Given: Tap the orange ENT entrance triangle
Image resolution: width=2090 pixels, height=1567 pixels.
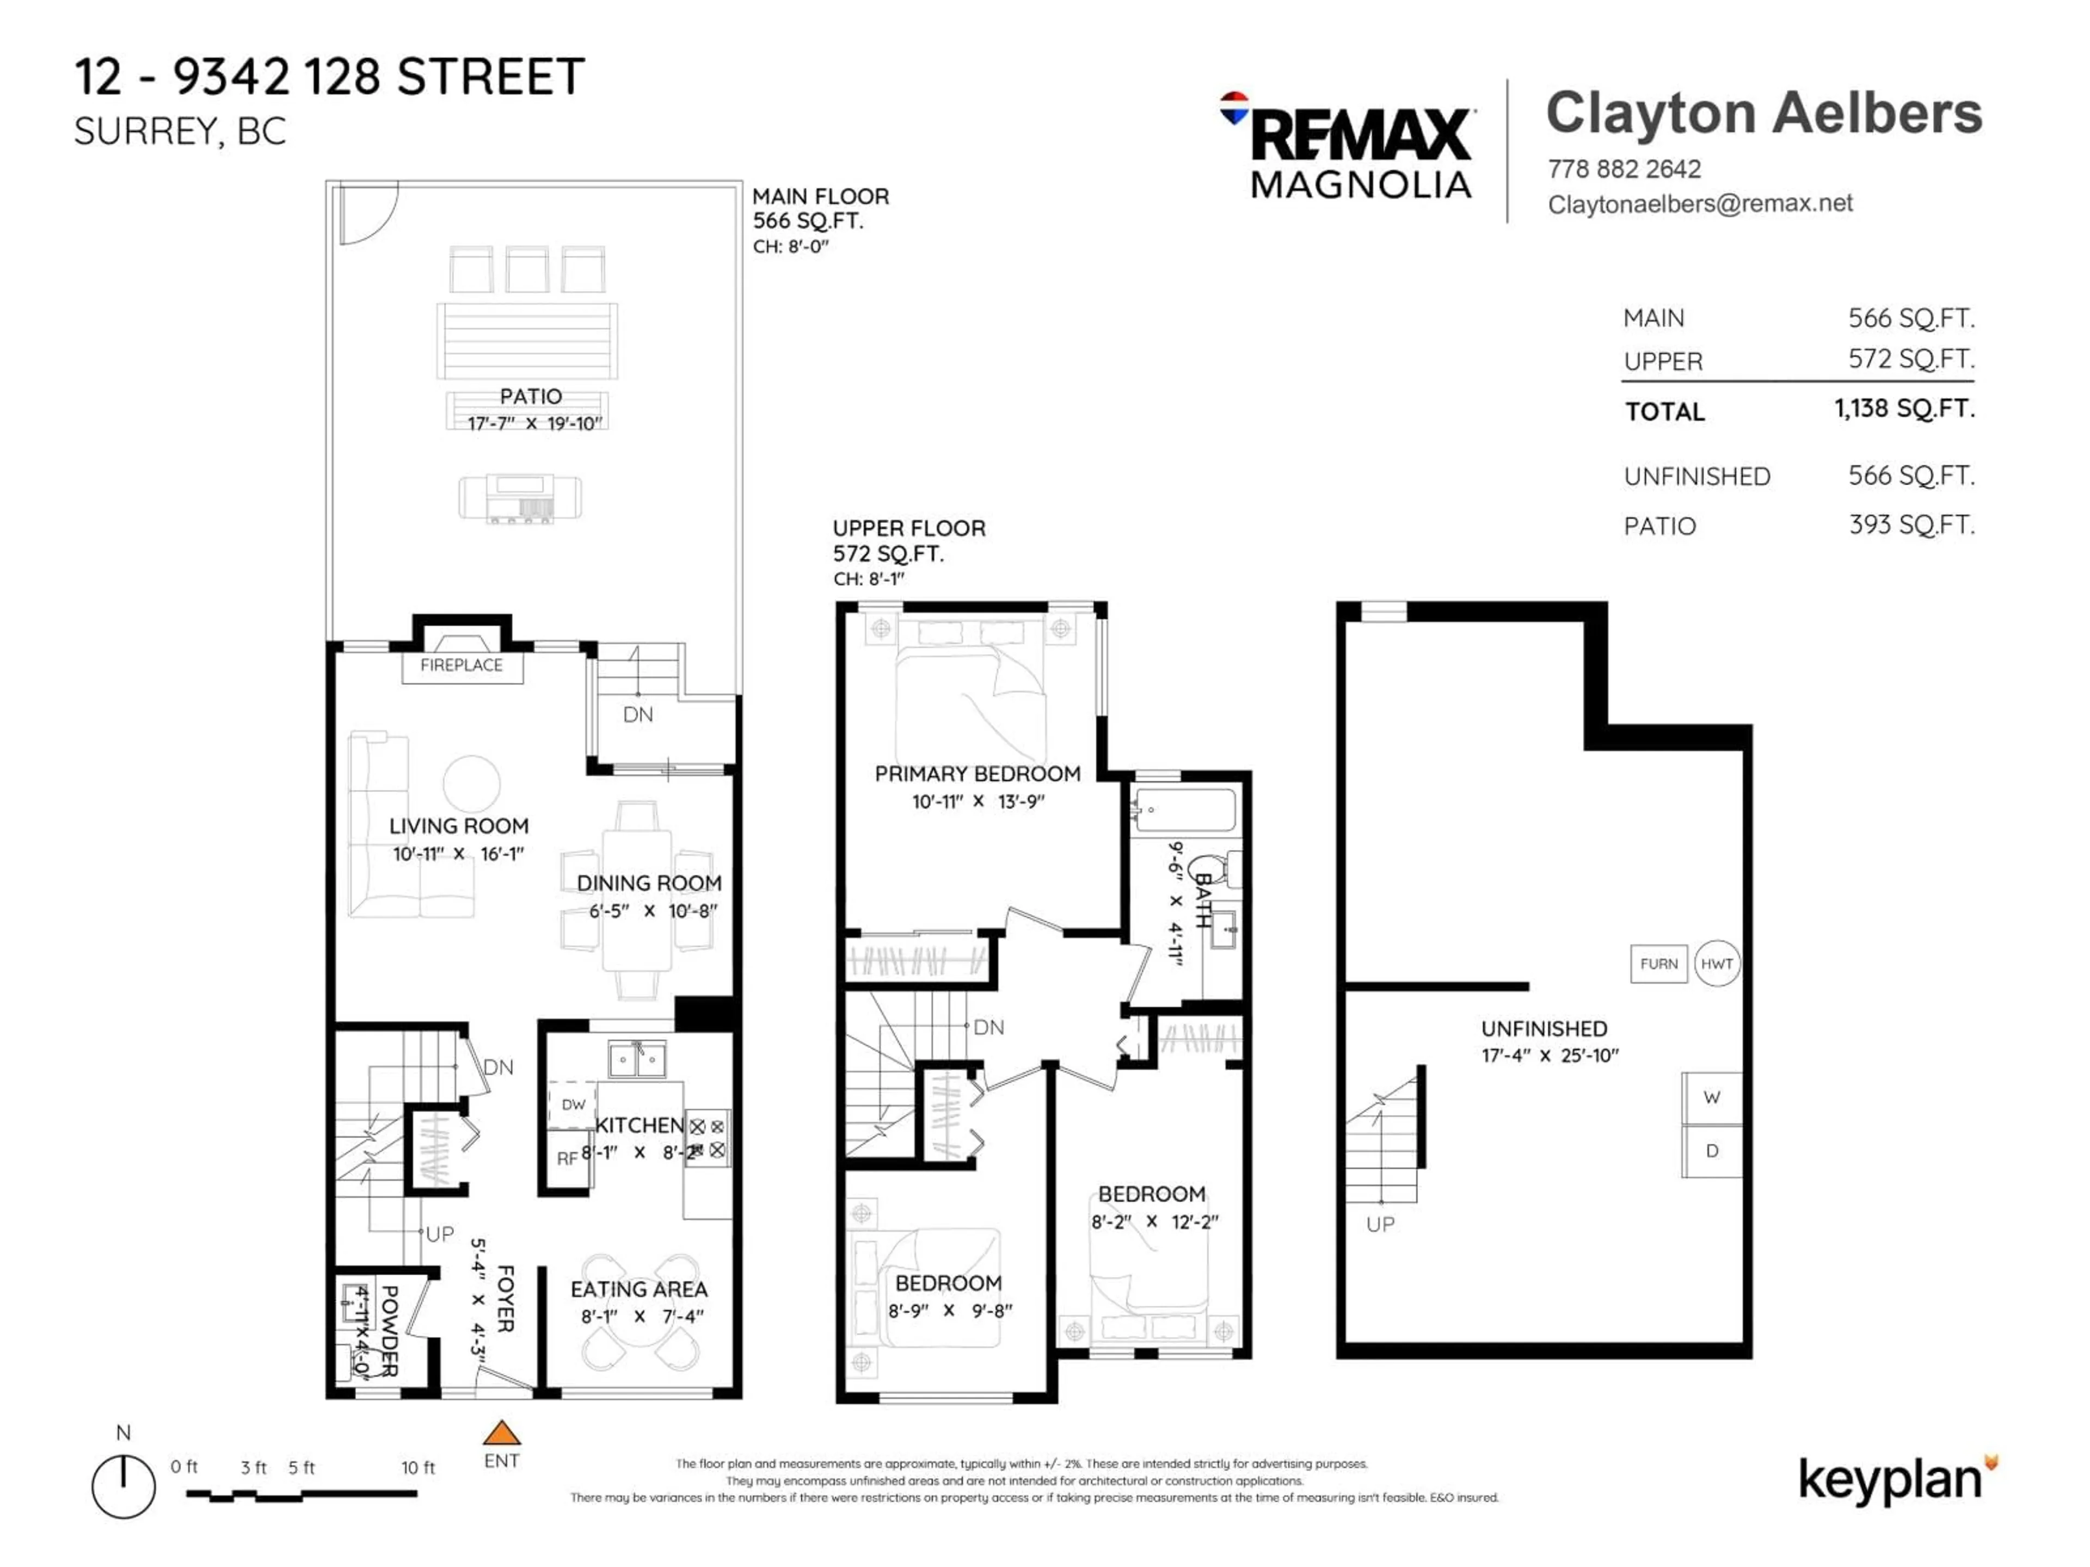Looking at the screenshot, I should tap(502, 1433).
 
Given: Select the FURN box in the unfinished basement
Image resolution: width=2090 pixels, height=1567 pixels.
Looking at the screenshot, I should tap(1658, 964).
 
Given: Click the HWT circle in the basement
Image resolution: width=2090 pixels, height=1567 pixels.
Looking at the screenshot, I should tap(1716, 964).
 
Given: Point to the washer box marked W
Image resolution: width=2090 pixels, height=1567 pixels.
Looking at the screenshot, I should tap(1711, 1097).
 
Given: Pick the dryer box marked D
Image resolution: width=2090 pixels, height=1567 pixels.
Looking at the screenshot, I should tap(1711, 1150).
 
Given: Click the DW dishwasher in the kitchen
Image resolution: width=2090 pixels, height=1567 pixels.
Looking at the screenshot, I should tap(573, 1104).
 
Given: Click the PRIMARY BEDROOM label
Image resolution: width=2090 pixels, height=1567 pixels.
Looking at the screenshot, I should tap(977, 774).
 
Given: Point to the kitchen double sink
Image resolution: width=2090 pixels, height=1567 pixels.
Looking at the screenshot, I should tap(637, 1059).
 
